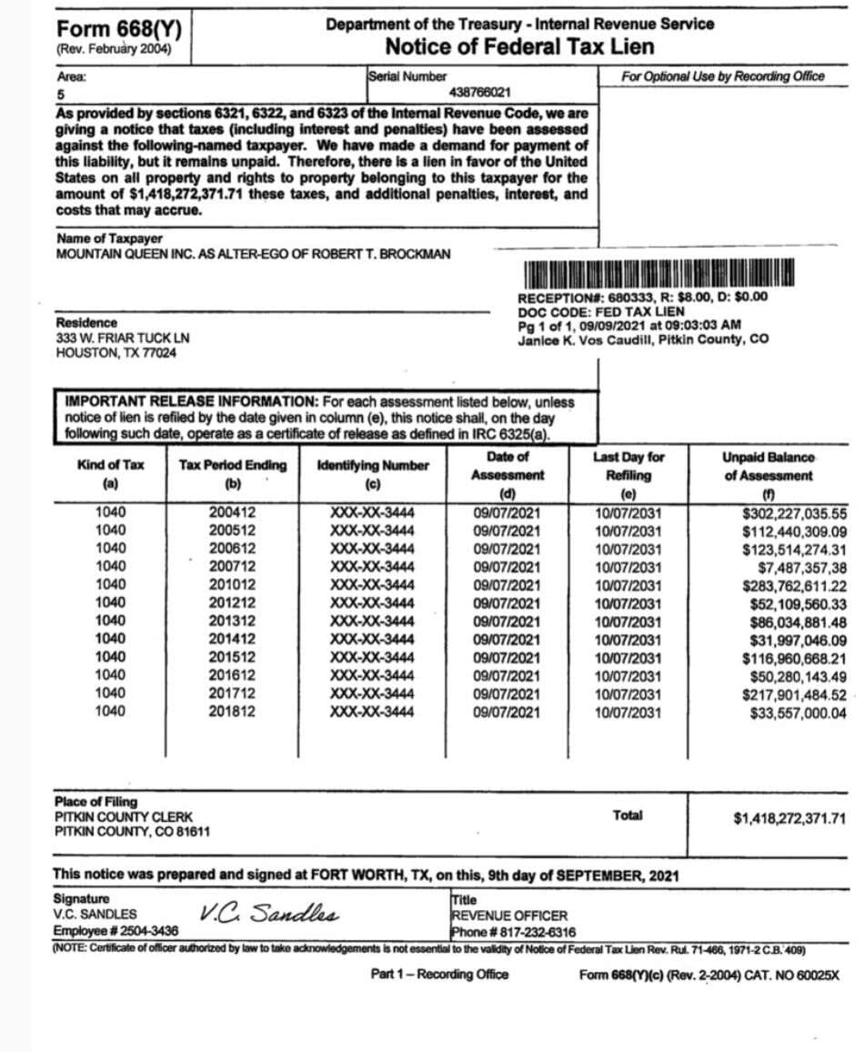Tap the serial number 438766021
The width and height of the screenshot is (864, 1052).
pos(479,93)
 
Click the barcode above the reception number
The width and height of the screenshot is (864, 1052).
pos(659,274)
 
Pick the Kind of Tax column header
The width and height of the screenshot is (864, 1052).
pos(111,465)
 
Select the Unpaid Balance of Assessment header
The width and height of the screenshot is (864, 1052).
pos(769,466)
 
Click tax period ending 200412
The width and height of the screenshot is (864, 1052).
pos(233,512)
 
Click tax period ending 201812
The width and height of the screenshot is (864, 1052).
pos(233,712)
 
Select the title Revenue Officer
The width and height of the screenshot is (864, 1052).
pos(509,915)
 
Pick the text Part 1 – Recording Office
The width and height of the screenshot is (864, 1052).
pos(440,975)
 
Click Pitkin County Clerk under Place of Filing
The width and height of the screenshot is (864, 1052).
pos(123,817)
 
